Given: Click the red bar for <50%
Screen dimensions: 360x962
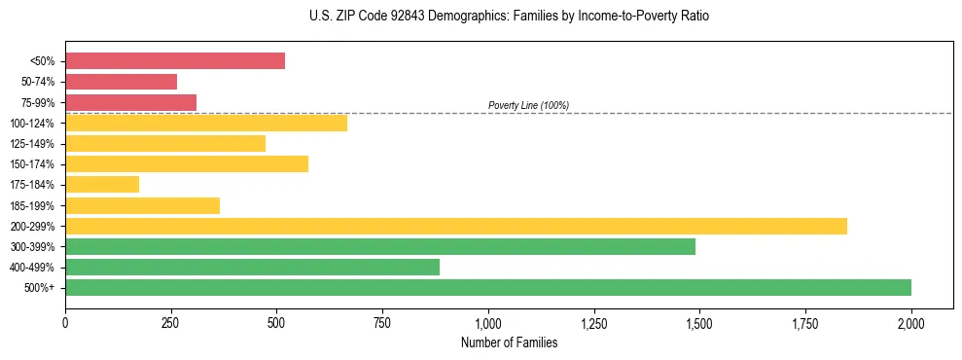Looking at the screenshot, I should (x=175, y=61).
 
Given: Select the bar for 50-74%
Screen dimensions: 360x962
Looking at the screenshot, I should (x=122, y=82).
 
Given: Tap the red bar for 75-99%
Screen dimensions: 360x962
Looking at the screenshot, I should (x=131, y=102).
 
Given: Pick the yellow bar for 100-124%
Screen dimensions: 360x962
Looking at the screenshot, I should (x=206, y=123).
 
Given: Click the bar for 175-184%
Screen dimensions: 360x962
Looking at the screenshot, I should (x=102, y=184).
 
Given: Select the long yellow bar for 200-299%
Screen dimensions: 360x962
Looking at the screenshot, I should (x=455, y=226).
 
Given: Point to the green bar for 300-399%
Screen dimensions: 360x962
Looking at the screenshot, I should (x=380, y=246).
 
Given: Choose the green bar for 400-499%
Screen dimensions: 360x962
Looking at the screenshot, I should (x=252, y=267).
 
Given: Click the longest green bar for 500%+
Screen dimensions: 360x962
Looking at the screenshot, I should (x=488, y=287).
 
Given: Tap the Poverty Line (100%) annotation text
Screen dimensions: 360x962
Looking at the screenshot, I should (x=528, y=105).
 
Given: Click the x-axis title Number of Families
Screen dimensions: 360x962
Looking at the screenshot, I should (x=509, y=342).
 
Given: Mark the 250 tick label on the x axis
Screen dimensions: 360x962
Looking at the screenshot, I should (x=171, y=323).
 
